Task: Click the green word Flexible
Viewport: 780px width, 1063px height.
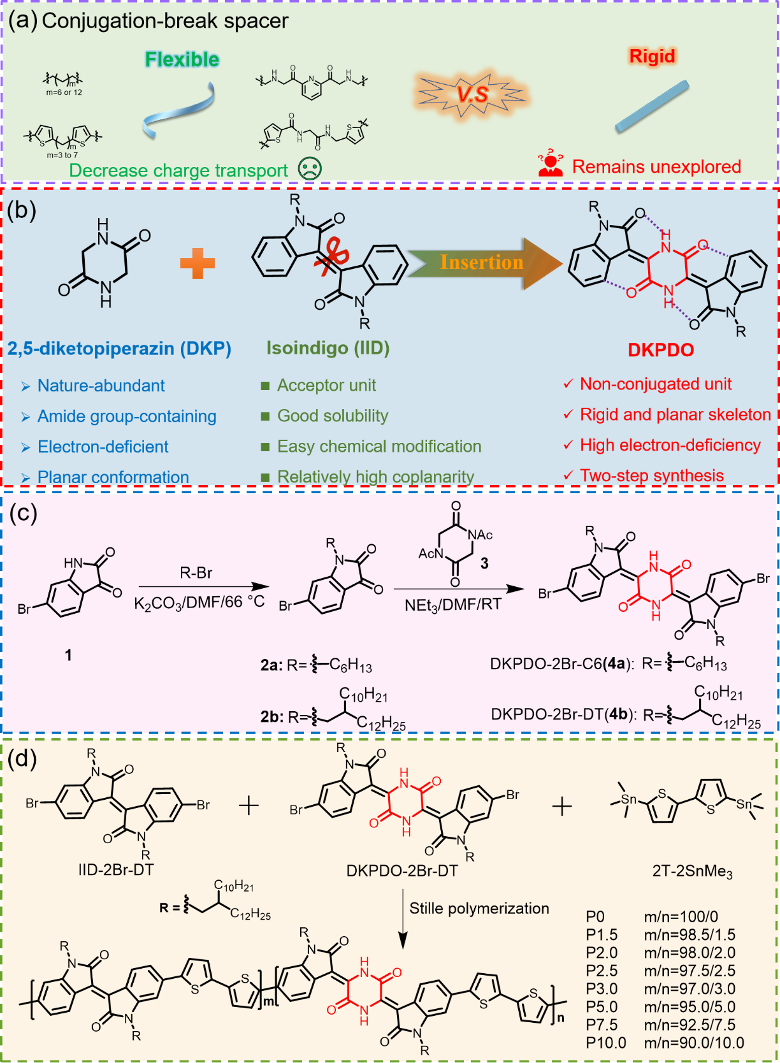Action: (182, 59)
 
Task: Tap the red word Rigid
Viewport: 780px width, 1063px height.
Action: (651, 56)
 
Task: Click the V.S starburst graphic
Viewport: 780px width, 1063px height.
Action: (472, 94)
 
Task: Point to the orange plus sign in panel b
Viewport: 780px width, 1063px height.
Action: (198, 263)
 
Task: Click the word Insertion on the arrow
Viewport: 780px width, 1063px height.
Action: (481, 262)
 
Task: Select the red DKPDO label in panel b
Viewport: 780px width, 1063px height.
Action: (661, 350)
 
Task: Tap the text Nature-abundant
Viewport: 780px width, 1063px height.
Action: (101, 386)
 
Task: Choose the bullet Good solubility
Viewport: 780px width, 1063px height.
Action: (332, 416)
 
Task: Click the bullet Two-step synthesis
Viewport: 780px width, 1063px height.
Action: (651, 475)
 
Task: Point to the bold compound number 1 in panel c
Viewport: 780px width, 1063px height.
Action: (68, 655)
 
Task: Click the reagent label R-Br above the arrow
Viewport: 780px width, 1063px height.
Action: (196, 573)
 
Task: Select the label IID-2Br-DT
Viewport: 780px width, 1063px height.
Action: (115, 869)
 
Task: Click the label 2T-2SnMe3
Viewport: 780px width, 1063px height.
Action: (692, 871)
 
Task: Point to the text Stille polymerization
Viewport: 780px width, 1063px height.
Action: (479, 908)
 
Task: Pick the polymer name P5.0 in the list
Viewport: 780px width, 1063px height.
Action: (602, 1007)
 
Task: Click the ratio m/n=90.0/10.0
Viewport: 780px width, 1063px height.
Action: (694, 1043)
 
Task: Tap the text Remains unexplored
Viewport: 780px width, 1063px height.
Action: (656, 167)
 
